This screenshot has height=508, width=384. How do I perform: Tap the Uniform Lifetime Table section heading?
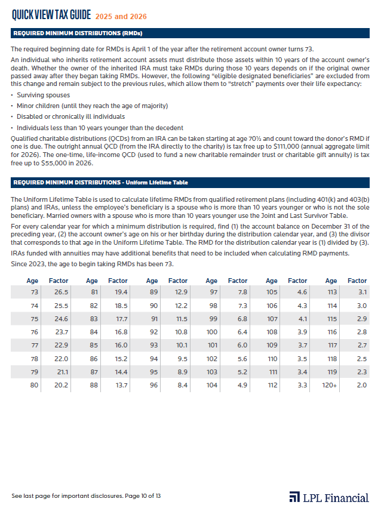[100, 182]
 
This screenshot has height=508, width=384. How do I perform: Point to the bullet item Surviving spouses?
[43, 95]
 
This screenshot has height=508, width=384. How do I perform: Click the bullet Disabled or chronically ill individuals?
[70, 116]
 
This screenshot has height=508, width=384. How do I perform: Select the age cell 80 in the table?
[33, 385]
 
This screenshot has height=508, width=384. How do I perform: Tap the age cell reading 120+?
[330, 385]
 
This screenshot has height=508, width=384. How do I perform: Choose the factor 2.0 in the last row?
[361, 385]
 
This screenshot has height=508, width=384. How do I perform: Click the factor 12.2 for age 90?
[180, 305]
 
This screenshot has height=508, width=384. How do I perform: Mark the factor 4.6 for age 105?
[302, 292]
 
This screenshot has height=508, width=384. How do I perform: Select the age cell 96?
[153, 385]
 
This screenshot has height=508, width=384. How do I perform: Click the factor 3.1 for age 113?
[361, 292]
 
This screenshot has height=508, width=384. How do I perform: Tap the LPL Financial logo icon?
[294, 497]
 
